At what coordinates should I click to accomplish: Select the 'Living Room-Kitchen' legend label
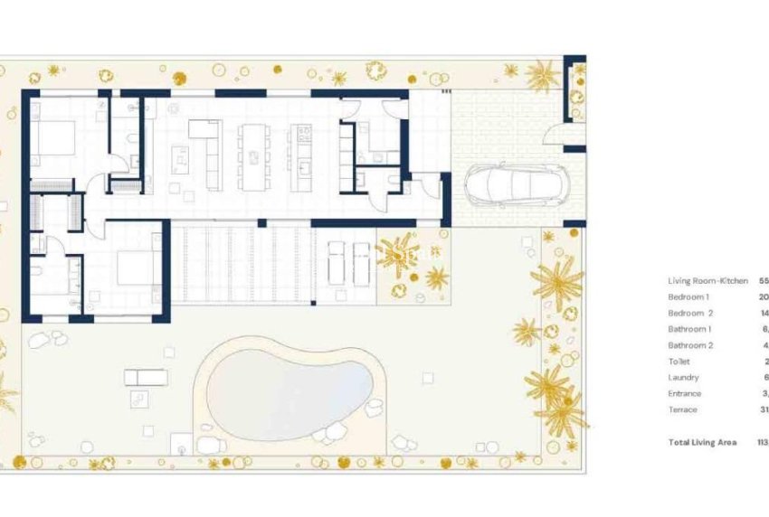point(707,281)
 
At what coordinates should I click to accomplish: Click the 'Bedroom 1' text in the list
point(688,296)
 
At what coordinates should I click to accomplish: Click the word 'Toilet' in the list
point(679,362)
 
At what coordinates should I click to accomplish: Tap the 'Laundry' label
point(683,378)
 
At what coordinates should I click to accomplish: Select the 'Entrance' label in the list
point(685,394)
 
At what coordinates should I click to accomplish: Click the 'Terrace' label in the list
point(683,410)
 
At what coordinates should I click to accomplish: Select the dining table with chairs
point(253,155)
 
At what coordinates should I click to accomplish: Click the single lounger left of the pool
point(146,377)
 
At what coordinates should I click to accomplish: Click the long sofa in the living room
point(214,155)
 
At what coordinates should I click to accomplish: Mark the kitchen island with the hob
point(302,155)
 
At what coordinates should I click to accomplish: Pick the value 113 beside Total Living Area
point(761,443)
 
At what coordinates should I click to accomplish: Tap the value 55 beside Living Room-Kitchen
point(764,281)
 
